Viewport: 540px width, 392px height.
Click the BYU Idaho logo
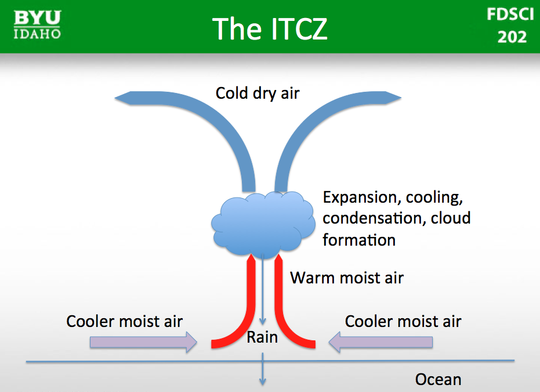(37, 24)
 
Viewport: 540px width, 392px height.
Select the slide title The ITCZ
(270, 28)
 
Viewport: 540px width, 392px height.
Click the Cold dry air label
(258, 93)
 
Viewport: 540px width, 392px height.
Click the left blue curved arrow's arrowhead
(123, 99)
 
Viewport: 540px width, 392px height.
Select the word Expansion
(358, 197)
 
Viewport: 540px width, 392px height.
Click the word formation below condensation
(359, 239)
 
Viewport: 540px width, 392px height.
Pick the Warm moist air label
(347, 277)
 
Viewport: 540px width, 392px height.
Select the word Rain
(263, 337)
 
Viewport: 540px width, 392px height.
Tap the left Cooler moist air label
(125, 321)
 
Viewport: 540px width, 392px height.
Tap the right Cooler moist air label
(403, 321)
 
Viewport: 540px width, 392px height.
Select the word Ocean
(438, 380)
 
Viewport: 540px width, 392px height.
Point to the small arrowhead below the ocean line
(263, 382)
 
